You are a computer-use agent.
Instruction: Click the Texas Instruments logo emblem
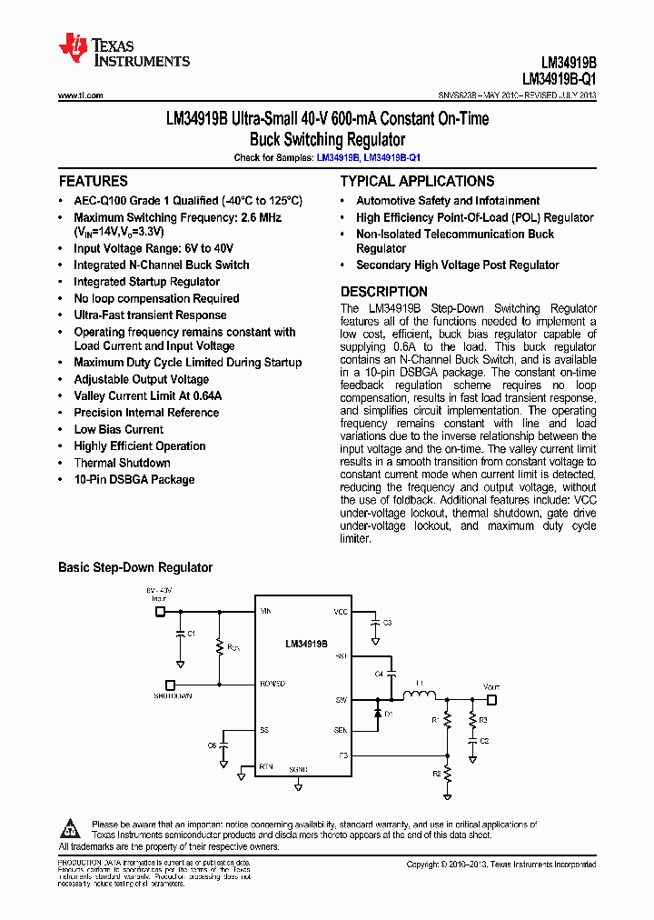[x=73, y=48]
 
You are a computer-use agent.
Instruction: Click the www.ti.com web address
[x=80, y=95]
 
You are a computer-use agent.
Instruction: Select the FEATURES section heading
[x=93, y=181]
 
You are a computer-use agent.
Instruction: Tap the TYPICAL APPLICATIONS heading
[x=417, y=181]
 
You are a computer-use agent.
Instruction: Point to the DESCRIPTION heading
[x=383, y=292]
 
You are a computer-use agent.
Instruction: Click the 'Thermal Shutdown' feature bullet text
[x=122, y=463]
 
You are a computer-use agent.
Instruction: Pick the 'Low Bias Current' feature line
[x=118, y=429]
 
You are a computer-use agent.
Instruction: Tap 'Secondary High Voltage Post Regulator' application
[x=457, y=265]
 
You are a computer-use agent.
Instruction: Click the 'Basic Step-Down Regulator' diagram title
[x=135, y=567]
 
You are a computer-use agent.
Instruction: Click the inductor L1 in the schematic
[x=420, y=697]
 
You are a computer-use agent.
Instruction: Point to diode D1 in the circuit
[x=378, y=714]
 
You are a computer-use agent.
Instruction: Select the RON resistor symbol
[x=219, y=646]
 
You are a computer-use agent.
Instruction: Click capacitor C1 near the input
[x=181, y=633]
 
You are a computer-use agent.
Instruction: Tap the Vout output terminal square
[x=491, y=700]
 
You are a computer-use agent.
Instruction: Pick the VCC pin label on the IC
[x=340, y=612]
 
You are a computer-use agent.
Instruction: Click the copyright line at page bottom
[x=500, y=865]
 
